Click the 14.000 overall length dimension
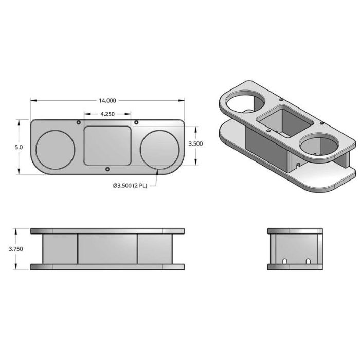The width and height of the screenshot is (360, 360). pyautogui.click(x=107, y=101)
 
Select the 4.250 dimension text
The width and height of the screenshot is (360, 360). pyautogui.click(x=107, y=114)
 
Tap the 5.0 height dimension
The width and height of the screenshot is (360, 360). pyautogui.click(x=19, y=147)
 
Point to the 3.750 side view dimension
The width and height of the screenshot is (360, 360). pyautogui.click(x=15, y=249)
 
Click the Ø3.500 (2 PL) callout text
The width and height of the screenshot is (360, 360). pyautogui.click(x=130, y=186)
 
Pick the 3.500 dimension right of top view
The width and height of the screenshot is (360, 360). pyautogui.click(x=195, y=143)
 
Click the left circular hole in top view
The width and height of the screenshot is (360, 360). pyautogui.click(x=56, y=150)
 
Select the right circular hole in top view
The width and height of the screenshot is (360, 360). pyautogui.click(x=159, y=150)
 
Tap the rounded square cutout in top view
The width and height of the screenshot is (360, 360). pyautogui.click(x=107, y=146)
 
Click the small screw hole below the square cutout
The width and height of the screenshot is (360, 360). pyautogui.click(x=107, y=169)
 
